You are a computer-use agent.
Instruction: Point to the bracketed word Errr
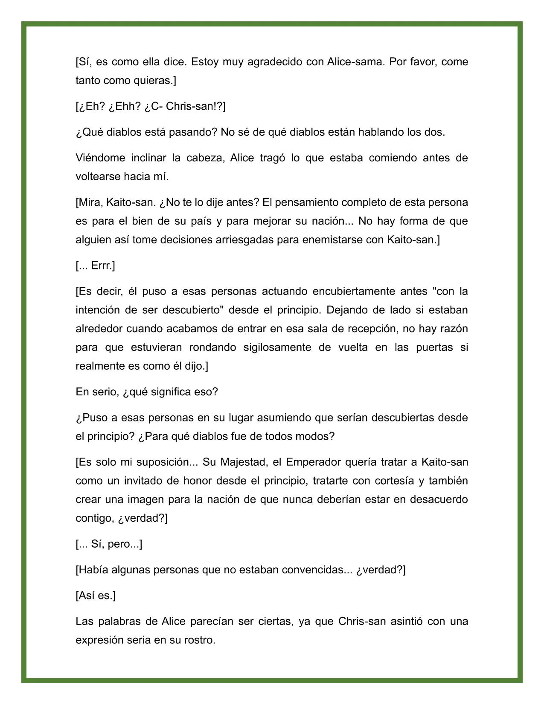pos(103,266)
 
